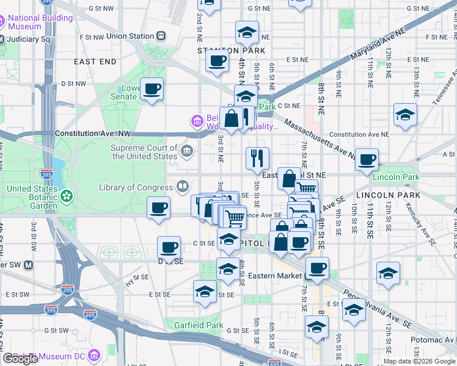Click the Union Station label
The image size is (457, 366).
pyautogui.click(x=130, y=36)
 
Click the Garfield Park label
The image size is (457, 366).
pyautogui.click(x=198, y=325)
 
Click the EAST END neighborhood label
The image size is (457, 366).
pyautogui.click(x=95, y=62)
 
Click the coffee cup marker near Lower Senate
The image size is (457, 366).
pyautogui.click(x=152, y=90)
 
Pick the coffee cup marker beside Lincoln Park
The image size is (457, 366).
pyautogui.click(x=367, y=160)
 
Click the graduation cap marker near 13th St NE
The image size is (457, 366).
pyautogui.click(x=405, y=115)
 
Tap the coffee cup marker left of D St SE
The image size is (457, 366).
pyautogui.click(x=169, y=248)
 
